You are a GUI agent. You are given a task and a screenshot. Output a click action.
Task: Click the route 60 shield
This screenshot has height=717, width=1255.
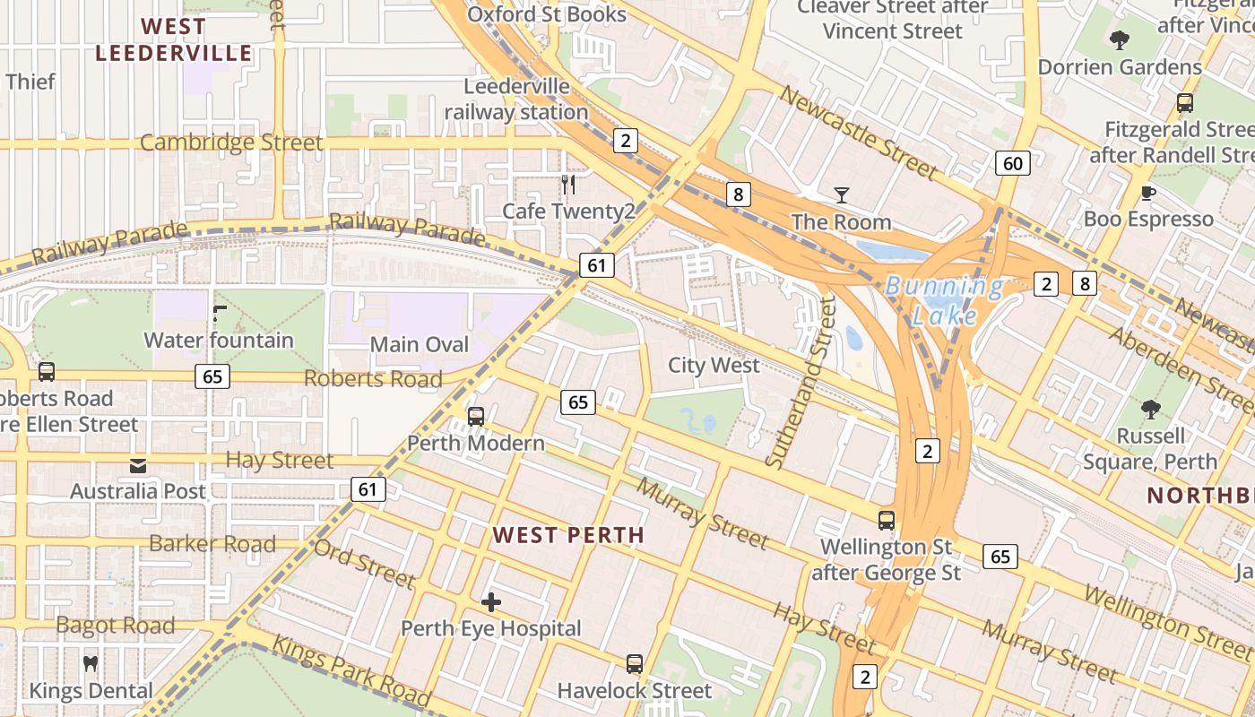pyautogui.click(x=1012, y=163)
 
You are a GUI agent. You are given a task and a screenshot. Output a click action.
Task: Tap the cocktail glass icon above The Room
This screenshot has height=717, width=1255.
pyautogui.click(x=841, y=194)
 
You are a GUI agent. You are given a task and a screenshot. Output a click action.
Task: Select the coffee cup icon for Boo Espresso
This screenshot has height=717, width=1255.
pyautogui.click(x=1147, y=193)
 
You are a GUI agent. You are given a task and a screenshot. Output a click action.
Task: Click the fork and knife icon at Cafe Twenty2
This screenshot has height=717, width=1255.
pyautogui.click(x=568, y=185)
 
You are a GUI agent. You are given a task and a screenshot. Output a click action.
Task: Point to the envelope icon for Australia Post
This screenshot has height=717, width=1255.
pyautogui.click(x=138, y=465)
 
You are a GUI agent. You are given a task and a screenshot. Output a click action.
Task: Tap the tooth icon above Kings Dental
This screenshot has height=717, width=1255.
pyautogui.click(x=90, y=664)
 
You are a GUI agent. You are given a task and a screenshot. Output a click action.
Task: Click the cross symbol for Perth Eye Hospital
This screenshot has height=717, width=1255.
pyautogui.click(x=491, y=602)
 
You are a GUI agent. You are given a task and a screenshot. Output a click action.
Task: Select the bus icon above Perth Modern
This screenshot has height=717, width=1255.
pyautogui.click(x=476, y=417)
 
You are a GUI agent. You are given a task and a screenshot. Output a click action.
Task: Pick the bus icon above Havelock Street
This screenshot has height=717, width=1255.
pyautogui.click(x=635, y=664)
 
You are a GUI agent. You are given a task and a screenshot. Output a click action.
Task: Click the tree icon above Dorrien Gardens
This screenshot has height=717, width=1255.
pyautogui.click(x=1119, y=40)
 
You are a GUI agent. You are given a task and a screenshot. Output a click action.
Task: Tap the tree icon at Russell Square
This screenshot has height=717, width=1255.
pyautogui.click(x=1150, y=410)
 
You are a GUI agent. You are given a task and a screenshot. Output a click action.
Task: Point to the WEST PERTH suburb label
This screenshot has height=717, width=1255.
pyautogui.click(x=568, y=536)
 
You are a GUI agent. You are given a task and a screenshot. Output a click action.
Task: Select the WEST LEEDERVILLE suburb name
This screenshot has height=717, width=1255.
pyautogui.click(x=174, y=40)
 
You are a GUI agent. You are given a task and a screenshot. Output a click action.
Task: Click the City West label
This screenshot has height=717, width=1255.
pyautogui.click(x=714, y=366)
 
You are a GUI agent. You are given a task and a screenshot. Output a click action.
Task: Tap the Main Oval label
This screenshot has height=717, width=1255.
pyautogui.click(x=420, y=345)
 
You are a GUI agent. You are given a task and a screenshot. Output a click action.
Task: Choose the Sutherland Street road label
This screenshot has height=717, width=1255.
pyautogui.click(x=796, y=382)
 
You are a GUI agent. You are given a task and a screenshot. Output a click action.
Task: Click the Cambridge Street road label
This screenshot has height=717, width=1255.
pyautogui.click(x=231, y=143)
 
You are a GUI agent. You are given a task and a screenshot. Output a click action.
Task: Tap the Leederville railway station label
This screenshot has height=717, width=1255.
pyautogui.click(x=517, y=99)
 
